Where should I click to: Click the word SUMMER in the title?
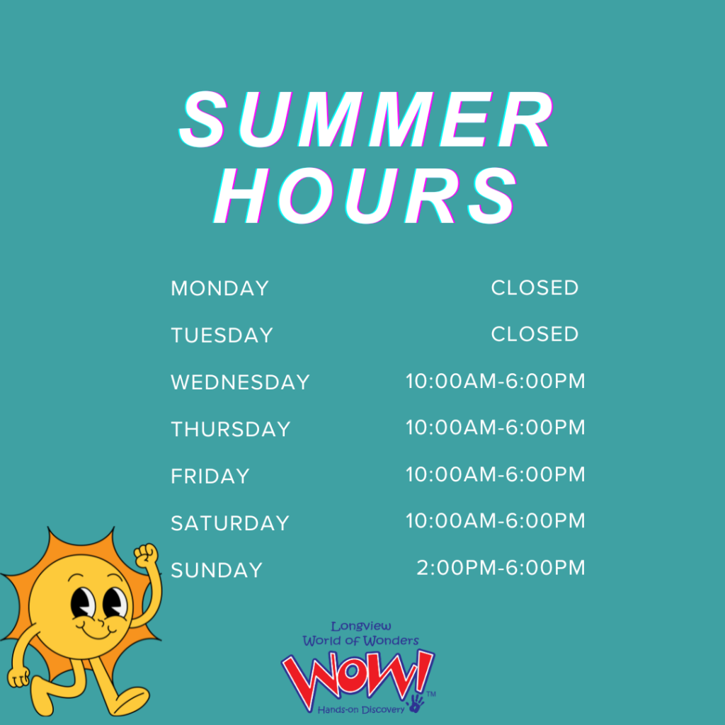366,119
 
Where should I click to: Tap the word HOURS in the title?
365,195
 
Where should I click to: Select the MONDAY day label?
220,289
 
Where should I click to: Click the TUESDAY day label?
222,335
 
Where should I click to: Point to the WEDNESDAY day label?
241,382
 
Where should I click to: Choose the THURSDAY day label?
231,430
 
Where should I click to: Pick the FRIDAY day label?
210,476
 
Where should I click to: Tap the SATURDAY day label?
230,523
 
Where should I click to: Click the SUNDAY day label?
217,570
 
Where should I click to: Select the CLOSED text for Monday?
535,287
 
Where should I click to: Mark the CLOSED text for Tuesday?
535,334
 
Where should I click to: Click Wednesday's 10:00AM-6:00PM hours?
496,381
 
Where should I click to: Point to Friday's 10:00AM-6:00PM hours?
496,474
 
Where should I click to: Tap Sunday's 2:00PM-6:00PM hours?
501,568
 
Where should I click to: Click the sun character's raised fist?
146,556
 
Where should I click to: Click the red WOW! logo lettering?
357,676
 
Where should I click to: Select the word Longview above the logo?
361,627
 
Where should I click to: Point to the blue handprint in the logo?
416,703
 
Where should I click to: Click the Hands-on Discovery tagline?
360,709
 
